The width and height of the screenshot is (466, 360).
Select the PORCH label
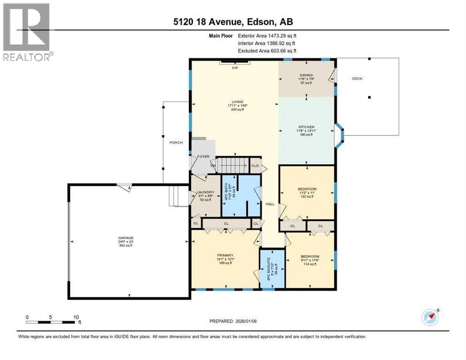coord(176,142)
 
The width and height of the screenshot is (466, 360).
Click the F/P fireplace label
coord(235,68)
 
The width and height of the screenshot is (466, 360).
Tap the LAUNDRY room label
coord(205,192)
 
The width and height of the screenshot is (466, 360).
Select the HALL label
coord(270,203)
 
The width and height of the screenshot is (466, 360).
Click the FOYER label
coord(203,156)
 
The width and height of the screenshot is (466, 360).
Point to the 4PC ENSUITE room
coord(272,268)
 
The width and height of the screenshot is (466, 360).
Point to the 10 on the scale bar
coord(75,316)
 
